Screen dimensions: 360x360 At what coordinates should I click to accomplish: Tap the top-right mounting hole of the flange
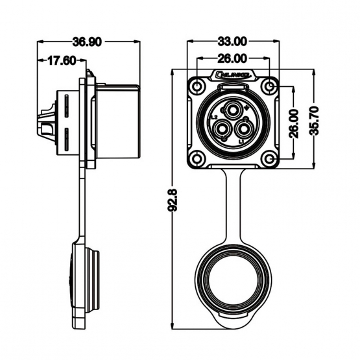[x=270, y=86]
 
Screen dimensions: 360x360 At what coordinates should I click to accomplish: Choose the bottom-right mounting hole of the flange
[x=270, y=158]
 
